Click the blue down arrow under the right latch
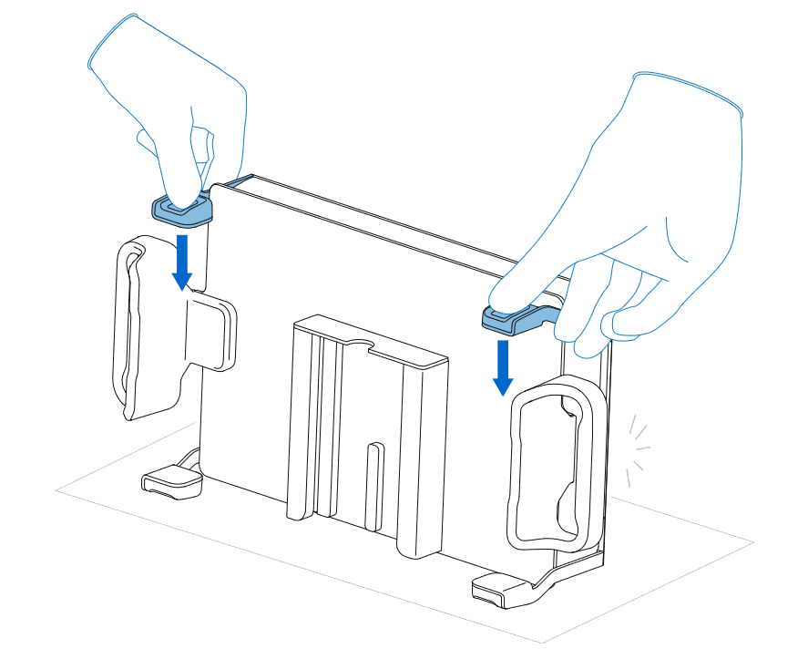pos(501,367)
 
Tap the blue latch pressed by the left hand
pos(180,211)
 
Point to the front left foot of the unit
pos(170,480)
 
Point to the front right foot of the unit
pos(500,591)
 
